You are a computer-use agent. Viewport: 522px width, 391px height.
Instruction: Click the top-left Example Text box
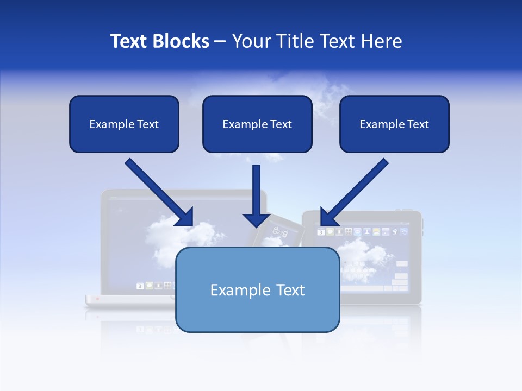[x=124, y=124]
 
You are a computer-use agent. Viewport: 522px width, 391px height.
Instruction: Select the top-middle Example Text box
[x=257, y=124]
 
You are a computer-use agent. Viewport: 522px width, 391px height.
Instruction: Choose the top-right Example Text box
[x=394, y=124]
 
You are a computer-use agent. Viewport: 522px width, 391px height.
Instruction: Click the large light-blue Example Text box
[x=257, y=289]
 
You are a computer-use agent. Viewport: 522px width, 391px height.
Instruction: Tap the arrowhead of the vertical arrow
[x=256, y=219]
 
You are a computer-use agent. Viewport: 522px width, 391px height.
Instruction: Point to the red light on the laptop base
[x=98, y=298]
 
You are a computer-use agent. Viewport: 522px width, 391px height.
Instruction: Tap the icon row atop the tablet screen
[x=362, y=232]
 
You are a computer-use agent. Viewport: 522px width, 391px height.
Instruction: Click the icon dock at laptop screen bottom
[x=155, y=285]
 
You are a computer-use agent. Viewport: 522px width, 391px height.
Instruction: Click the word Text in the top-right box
[x=418, y=124]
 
